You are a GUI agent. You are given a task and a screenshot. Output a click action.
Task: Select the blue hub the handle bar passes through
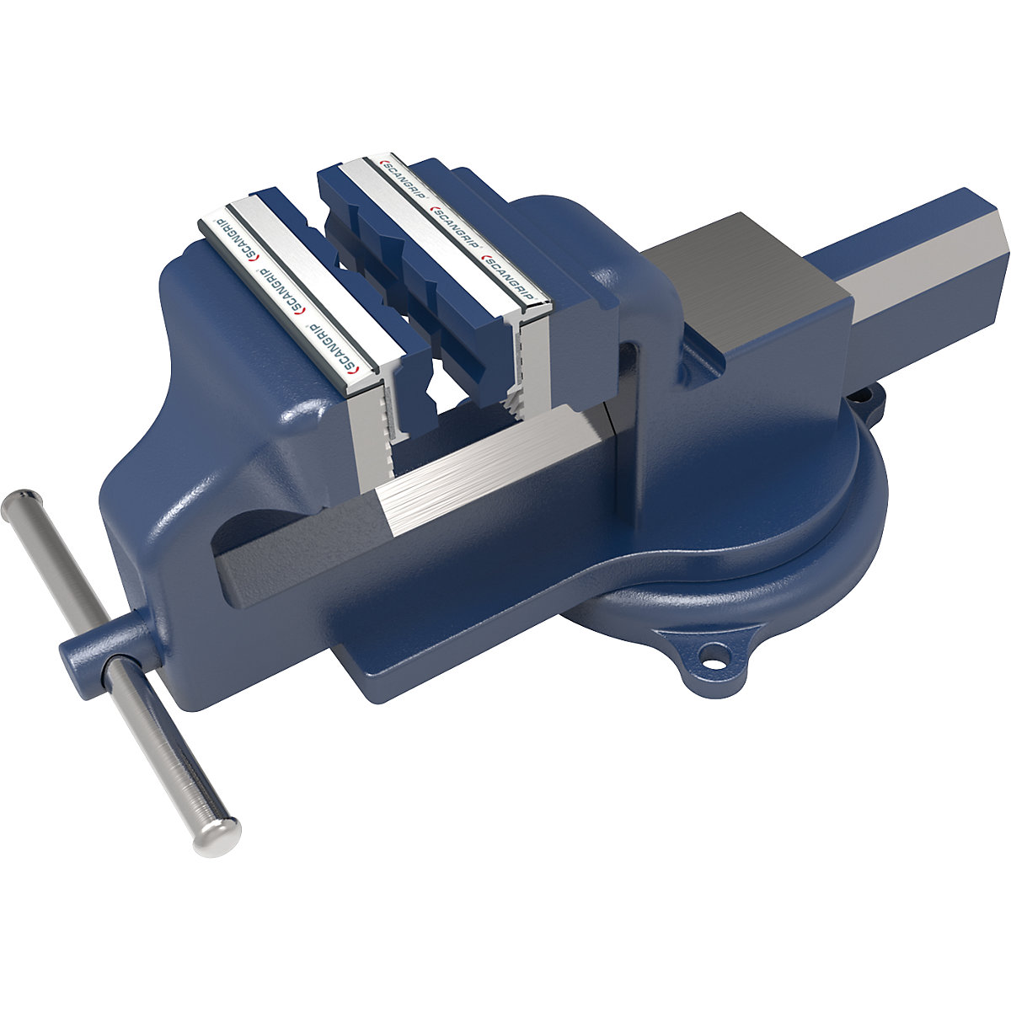(93, 657)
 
